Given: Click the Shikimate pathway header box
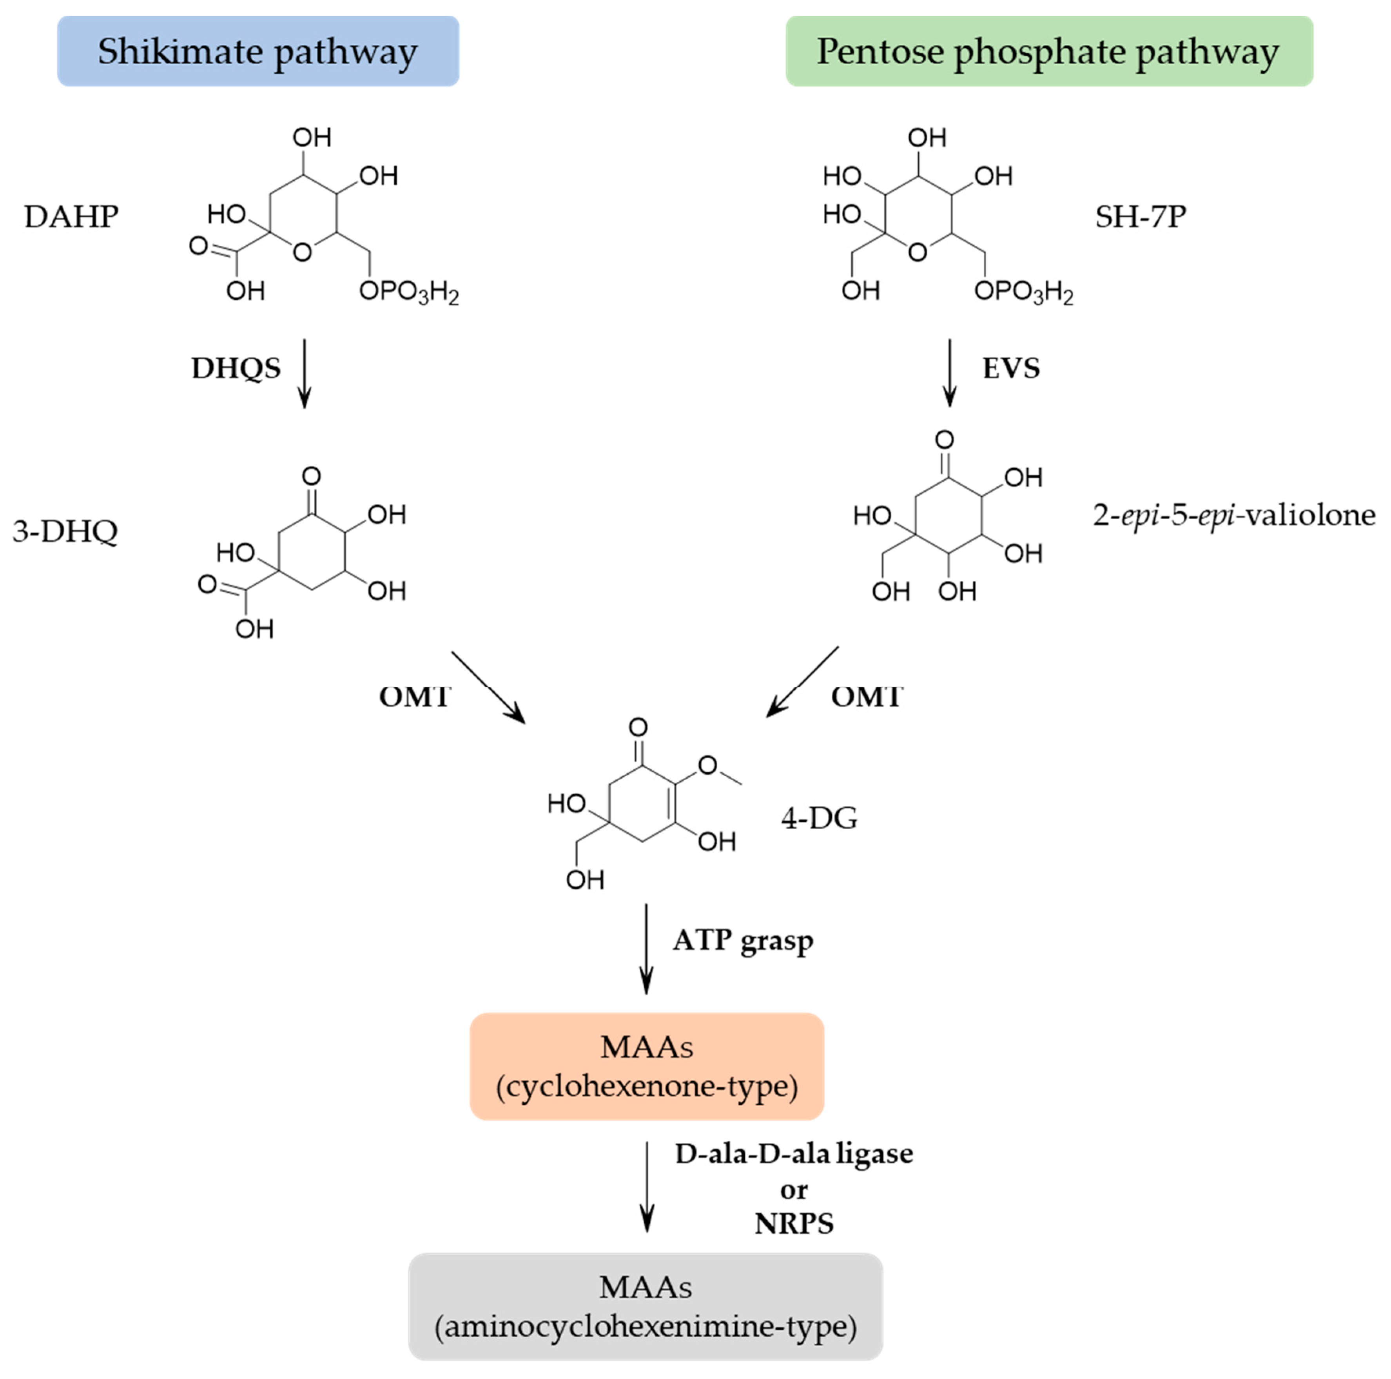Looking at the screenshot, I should (258, 51).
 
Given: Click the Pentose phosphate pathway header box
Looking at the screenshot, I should (1048, 51).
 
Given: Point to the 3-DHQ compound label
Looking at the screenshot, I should (65, 531).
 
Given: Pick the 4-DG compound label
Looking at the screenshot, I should (819, 818).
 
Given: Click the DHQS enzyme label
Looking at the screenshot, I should (236, 368).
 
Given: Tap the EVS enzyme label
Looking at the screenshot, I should (1011, 368).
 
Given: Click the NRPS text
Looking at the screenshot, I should (793, 1223).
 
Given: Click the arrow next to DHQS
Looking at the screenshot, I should (305, 373).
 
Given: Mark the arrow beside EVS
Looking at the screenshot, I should (950, 373).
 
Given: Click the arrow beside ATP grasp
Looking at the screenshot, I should (647, 949).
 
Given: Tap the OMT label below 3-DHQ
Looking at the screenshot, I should (415, 697).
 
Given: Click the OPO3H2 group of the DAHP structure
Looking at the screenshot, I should (408, 292).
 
